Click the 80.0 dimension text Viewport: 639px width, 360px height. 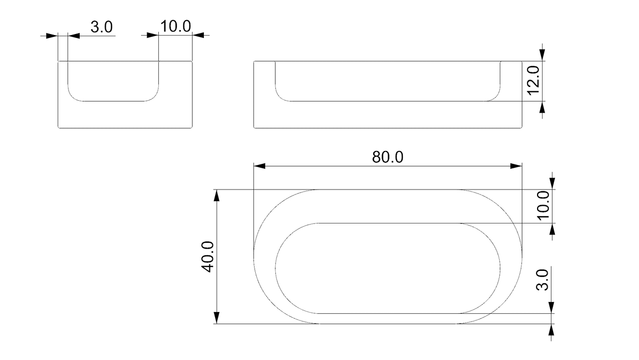(388, 157)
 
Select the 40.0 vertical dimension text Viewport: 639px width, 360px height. (208, 257)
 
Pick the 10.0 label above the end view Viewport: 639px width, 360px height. (175, 27)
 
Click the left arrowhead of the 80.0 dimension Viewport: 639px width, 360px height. (258, 166)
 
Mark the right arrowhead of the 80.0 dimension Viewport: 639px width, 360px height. (518, 166)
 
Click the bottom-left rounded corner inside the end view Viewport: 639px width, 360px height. (71, 98)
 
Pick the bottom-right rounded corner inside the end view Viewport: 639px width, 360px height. (155, 98)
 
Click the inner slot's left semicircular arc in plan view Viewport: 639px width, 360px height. (276, 267)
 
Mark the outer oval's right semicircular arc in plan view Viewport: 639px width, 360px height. (522, 257)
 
